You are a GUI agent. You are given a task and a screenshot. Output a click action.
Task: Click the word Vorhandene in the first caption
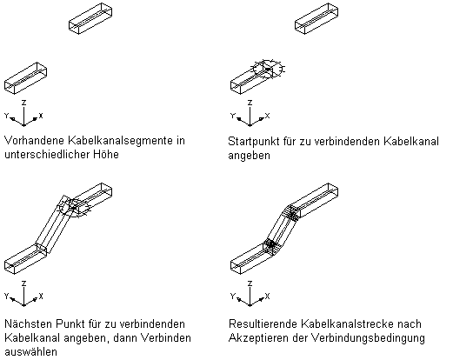(34, 141)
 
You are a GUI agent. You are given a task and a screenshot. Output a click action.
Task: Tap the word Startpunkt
(254, 142)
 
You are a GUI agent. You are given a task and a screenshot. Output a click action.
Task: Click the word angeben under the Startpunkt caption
(249, 157)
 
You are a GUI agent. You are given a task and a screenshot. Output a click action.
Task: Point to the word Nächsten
(28, 323)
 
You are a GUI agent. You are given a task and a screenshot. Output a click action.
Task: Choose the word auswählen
(30, 352)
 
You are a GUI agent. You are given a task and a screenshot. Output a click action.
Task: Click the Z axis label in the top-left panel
(24, 103)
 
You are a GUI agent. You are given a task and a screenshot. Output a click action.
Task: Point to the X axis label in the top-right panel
(267, 116)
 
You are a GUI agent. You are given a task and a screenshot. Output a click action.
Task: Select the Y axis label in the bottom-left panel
(7, 296)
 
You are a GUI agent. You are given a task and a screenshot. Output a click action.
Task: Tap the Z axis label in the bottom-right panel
(250, 283)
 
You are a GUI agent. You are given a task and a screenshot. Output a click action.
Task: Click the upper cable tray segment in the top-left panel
(90, 18)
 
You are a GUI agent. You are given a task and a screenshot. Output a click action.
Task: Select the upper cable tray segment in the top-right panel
(316, 18)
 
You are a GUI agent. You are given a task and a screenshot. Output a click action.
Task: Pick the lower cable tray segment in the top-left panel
(25, 78)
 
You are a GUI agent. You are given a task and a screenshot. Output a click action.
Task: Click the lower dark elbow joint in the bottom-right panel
(271, 244)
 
